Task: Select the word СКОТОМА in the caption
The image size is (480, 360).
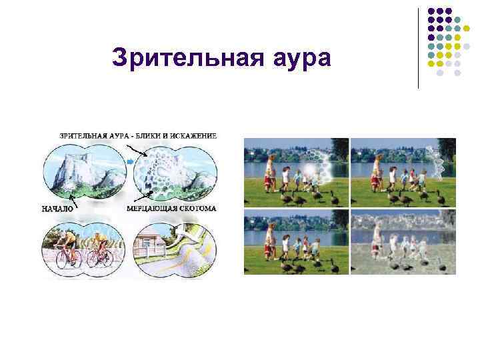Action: [196, 209]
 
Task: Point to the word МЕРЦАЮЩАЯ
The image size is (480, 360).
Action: [151, 209]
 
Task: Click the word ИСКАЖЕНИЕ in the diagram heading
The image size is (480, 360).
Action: [193, 136]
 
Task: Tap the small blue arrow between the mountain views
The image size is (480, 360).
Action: [129, 161]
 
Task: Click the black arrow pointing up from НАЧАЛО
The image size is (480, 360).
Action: [73, 199]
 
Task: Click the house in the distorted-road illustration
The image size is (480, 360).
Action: [151, 245]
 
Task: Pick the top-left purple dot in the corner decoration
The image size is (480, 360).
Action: [431, 11]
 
